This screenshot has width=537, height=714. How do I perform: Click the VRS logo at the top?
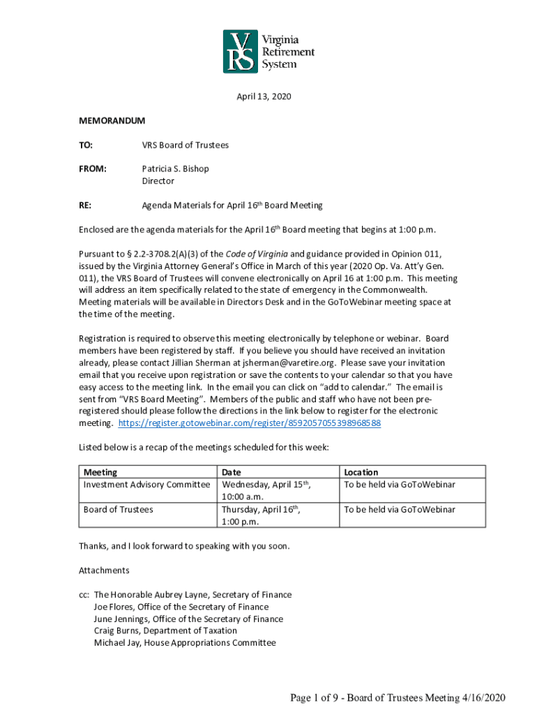[x=268, y=51]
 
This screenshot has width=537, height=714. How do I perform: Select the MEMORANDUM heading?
[x=112, y=121]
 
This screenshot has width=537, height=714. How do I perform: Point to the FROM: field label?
[x=93, y=169]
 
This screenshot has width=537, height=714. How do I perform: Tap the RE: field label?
[x=86, y=206]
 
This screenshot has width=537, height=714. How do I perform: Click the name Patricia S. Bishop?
[x=175, y=169]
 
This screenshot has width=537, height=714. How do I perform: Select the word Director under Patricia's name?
[x=158, y=181]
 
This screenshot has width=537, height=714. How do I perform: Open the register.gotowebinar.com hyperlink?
[x=250, y=423]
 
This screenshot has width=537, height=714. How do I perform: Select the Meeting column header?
[x=100, y=472]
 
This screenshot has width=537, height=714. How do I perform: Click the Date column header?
[x=231, y=472]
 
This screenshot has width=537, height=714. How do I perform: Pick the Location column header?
[x=361, y=472]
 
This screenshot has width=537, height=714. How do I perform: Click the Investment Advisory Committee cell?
[x=146, y=484]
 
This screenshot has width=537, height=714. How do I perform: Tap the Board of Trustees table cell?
[x=118, y=509]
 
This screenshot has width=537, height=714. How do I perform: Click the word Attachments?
[x=104, y=570]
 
